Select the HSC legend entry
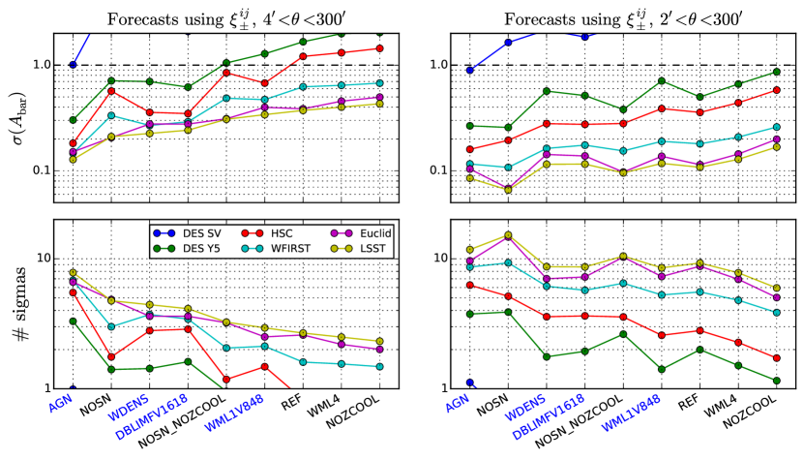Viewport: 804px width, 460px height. pyautogui.click(x=276, y=233)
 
